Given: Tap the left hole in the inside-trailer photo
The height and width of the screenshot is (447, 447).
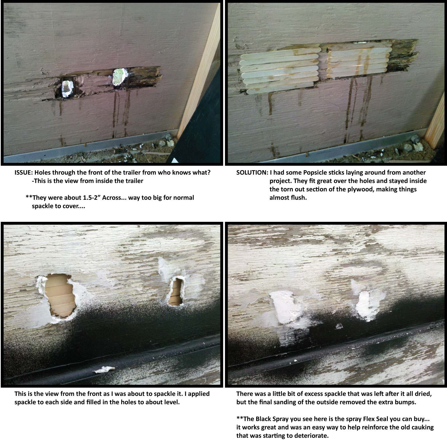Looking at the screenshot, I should pyautogui.click(x=66, y=88).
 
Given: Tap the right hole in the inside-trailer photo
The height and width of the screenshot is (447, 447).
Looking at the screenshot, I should pyautogui.click(x=118, y=77).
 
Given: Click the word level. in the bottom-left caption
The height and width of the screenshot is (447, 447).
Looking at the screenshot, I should pyautogui.click(x=171, y=402).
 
